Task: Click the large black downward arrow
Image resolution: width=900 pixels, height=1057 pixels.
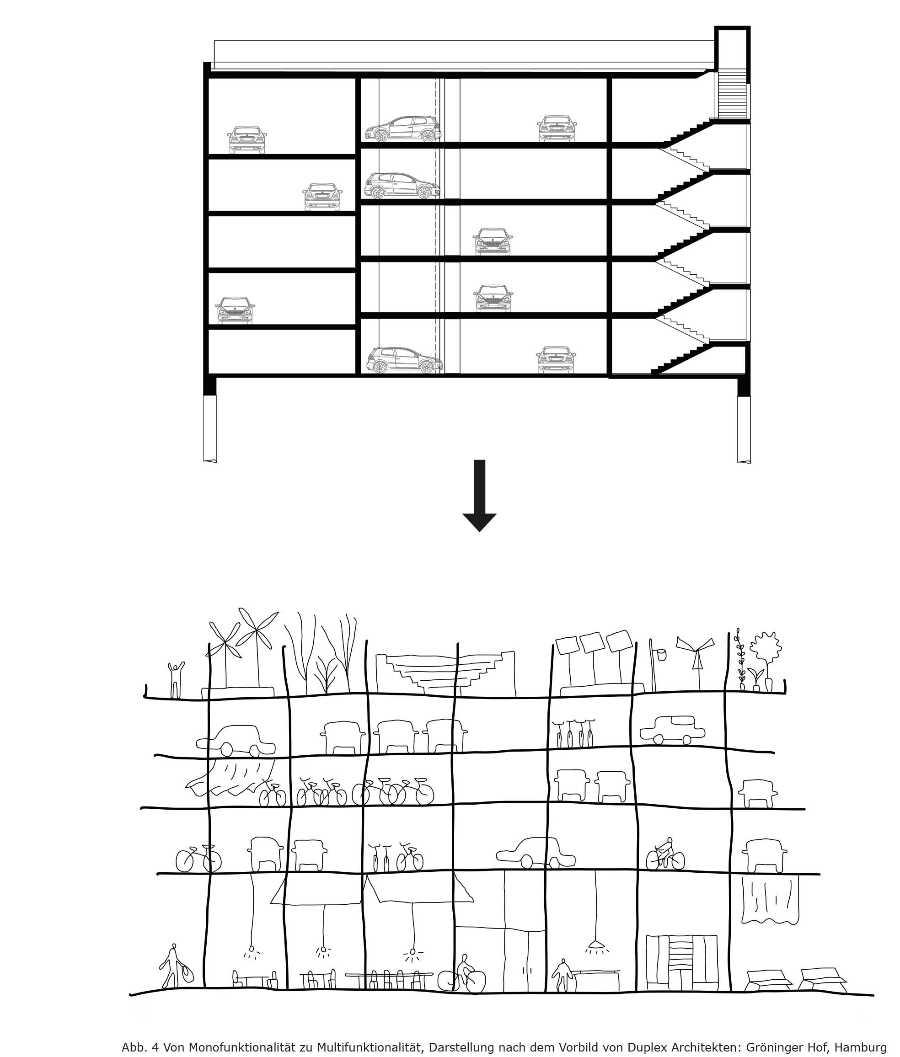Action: [x=479, y=495]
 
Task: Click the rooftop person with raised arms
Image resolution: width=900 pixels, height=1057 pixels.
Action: [x=176, y=680]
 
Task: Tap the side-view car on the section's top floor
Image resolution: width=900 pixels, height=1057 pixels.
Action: [x=403, y=129]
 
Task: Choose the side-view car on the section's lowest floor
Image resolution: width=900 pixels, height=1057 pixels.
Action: [x=404, y=360]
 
